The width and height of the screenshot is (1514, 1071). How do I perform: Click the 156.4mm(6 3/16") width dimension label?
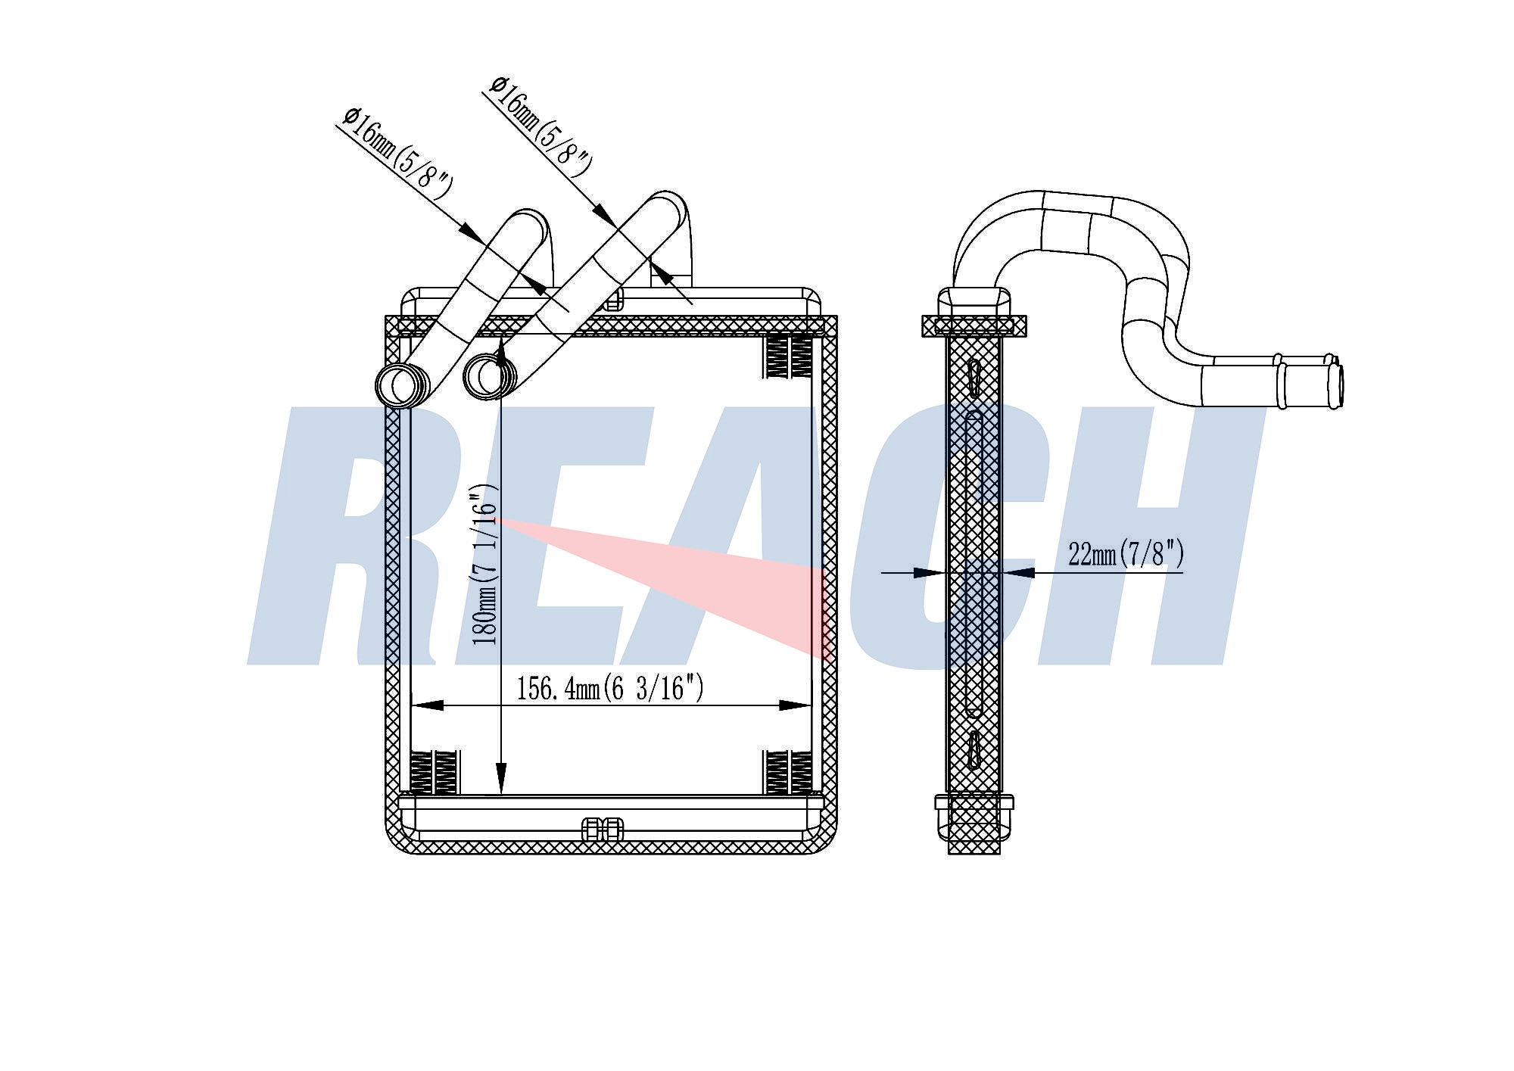[610, 688]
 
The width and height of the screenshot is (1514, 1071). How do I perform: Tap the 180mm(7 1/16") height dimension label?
[485, 565]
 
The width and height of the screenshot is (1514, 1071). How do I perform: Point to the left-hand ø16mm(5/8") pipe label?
[397, 154]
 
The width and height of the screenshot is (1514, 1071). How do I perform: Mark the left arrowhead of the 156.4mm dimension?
[428, 705]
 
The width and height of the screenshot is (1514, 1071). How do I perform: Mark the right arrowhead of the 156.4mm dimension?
[795, 705]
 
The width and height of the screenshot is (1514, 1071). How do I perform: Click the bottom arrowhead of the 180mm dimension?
[500, 779]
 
